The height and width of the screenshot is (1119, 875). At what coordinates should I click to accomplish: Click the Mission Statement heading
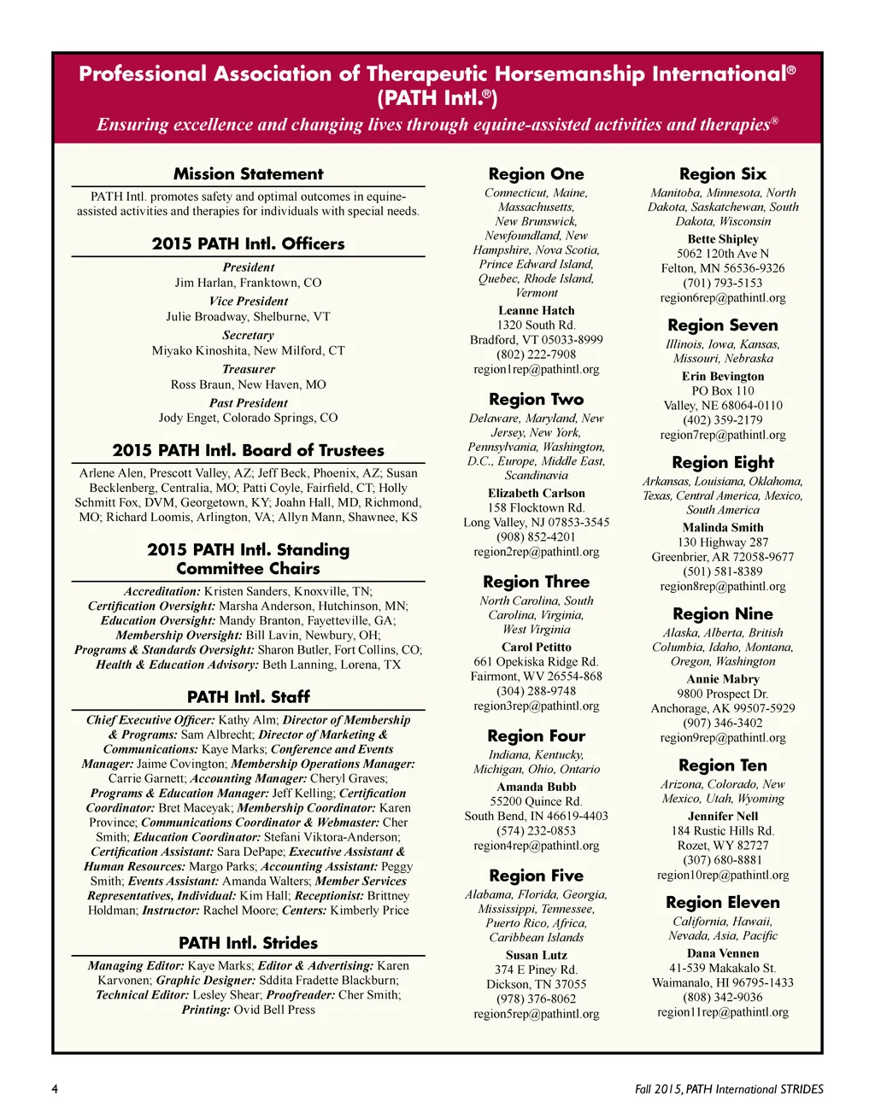(x=248, y=174)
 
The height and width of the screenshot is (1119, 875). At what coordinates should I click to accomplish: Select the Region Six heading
(x=722, y=174)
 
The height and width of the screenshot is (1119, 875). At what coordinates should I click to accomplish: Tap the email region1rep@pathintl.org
(x=536, y=369)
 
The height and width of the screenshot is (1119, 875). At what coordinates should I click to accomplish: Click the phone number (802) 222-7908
(x=536, y=354)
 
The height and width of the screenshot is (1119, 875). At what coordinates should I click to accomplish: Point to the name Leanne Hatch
(x=536, y=311)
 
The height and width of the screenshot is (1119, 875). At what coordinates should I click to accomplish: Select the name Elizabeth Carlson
(x=536, y=494)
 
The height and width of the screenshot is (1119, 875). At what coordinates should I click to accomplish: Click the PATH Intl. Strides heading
(x=248, y=943)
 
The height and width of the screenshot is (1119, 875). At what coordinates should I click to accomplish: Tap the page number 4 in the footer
(x=55, y=1089)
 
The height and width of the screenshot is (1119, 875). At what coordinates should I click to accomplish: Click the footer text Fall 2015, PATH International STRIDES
(x=729, y=1089)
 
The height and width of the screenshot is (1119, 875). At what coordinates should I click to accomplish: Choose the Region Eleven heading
(x=722, y=903)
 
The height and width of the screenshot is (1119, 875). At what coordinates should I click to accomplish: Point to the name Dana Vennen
(x=722, y=953)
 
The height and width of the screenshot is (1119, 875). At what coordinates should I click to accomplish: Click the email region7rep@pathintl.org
(x=722, y=435)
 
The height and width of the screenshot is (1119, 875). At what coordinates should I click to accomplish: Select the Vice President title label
(x=248, y=302)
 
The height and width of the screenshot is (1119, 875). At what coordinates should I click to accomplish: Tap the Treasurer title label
(x=248, y=369)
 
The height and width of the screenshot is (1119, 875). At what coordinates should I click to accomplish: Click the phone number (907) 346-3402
(x=722, y=723)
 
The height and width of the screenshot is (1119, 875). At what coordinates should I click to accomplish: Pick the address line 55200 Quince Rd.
(x=536, y=801)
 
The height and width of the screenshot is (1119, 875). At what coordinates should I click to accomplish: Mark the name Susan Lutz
(x=536, y=955)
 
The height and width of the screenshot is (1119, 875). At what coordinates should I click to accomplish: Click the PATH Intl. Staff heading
(x=248, y=697)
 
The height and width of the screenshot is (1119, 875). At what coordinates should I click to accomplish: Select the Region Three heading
(x=536, y=583)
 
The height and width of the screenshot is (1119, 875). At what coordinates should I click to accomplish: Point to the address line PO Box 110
(x=722, y=391)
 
